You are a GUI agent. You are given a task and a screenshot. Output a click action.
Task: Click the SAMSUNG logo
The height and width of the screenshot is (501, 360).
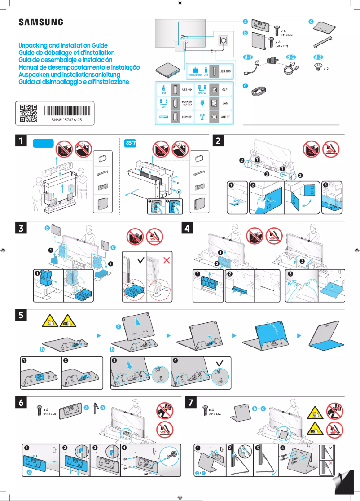coord(40,22)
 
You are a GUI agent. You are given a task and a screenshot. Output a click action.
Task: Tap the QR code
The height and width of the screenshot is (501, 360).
coord(28,114)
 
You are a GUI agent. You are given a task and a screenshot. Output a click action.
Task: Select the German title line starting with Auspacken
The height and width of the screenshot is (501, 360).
coord(69,75)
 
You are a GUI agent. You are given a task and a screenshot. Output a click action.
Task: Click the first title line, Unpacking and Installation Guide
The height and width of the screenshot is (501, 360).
coord(63,46)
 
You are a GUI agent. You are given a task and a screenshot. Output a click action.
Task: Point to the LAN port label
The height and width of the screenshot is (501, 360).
coord(226,103)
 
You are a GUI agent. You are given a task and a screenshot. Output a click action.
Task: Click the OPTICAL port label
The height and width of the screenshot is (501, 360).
coord(202,93)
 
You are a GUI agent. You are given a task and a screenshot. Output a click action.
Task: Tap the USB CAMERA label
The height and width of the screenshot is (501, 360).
coord(195,75)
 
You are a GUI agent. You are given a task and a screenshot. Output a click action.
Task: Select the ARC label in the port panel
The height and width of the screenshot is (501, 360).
coord(163,107)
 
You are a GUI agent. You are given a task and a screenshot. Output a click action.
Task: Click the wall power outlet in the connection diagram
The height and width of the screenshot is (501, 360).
coord(223,41)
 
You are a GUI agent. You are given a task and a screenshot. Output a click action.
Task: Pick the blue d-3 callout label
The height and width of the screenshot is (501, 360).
coord(318,57)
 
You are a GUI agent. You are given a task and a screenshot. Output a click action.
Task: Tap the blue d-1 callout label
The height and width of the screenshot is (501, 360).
coord(248,57)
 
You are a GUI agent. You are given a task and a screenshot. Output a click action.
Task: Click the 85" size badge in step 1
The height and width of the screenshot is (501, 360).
coord(131,143)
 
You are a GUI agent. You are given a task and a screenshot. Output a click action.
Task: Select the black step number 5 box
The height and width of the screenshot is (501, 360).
coord(21,315)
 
